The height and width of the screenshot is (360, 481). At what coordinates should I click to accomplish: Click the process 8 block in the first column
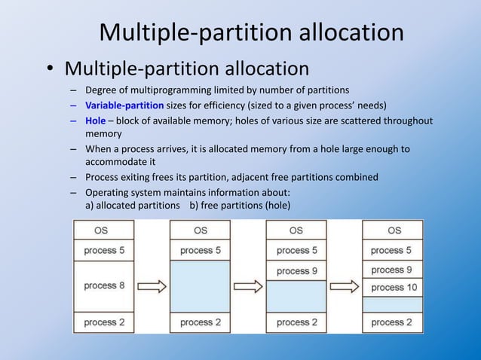[x=103, y=286]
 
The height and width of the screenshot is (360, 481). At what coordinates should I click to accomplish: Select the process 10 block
[x=393, y=287]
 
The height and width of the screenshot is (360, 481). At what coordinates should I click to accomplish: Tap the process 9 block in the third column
[x=296, y=271]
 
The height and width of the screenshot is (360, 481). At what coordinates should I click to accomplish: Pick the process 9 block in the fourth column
[x=393, y=270]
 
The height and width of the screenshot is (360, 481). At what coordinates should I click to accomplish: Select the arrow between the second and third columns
[x=248, y=286]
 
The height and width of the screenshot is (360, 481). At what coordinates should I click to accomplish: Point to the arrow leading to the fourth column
[x=344, y=286]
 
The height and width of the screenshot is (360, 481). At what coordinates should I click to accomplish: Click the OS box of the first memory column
[x=103, y=230]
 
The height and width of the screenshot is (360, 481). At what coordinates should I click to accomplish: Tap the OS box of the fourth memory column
[x=393, y=230]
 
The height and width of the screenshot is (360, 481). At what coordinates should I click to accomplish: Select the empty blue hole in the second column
[x=200, y=286]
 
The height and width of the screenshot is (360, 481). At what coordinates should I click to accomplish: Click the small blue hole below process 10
[x=393, y=304]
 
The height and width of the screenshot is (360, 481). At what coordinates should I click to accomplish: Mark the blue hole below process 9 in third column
[x=296, y=296]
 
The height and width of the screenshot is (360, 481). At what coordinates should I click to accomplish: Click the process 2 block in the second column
[x=200, y=322]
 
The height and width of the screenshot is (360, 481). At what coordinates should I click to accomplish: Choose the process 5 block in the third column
[x=296, y=250]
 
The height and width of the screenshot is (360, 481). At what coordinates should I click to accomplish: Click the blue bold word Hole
[x=96, y=121]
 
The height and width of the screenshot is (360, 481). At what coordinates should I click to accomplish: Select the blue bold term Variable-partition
[x=124, y=105]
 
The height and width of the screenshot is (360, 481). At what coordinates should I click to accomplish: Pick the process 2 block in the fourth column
[x=393, y=322]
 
